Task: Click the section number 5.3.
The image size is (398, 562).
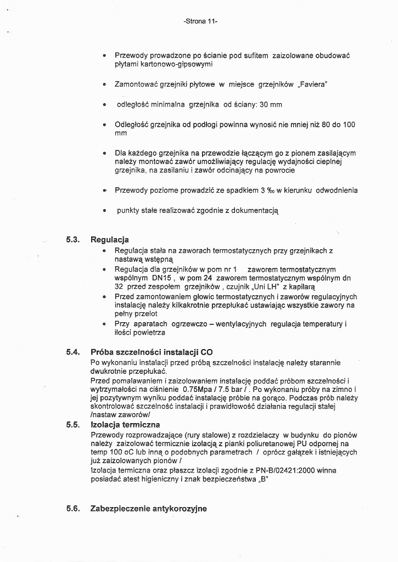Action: coord(73,240)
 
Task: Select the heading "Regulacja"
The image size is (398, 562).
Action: coord(109,240)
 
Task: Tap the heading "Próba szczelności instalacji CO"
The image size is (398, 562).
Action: coord(152,352)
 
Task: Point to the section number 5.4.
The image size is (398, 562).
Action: coord(73,352)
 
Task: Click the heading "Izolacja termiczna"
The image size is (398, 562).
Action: coord(125,424)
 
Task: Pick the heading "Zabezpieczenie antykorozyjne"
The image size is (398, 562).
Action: coord(148,509)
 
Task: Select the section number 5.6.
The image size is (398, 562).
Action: coord(73,509)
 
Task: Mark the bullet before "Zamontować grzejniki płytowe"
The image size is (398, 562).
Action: coord(104,85)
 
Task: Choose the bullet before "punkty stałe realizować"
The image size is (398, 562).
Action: coord(104,211)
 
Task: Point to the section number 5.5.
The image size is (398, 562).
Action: coord(73,424)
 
